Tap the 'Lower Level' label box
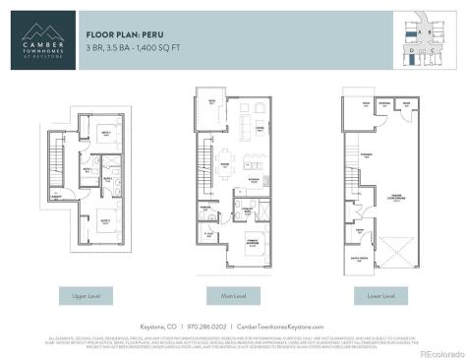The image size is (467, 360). click(x=380, y=294)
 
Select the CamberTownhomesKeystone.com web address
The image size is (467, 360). click(x=281, y=326)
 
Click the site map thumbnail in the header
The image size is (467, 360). click(x=424, y=38)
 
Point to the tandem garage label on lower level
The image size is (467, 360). click(x=394, y=198)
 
